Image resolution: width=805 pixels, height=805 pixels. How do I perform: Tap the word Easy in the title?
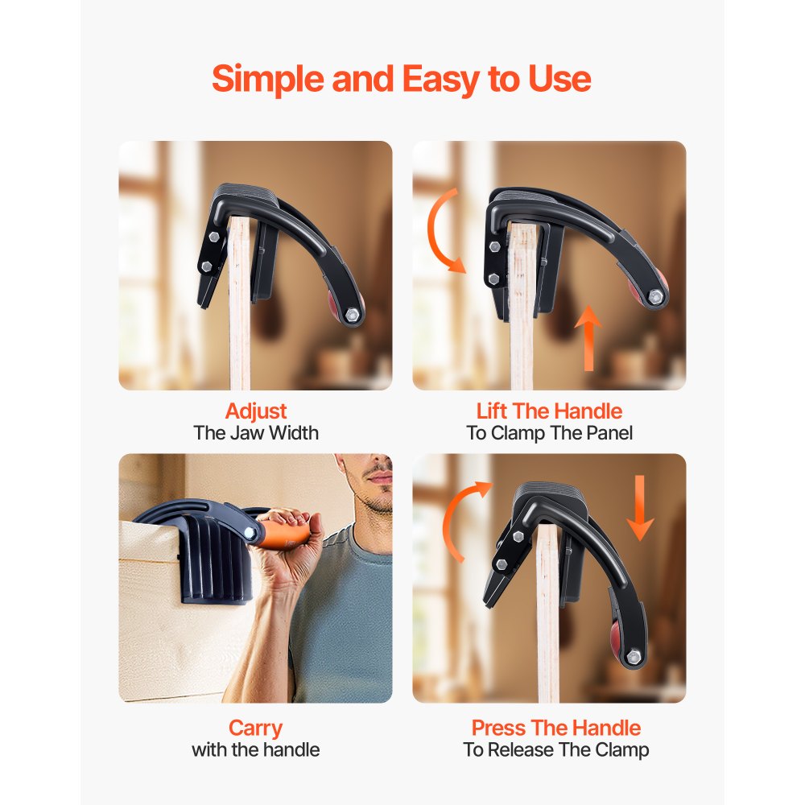[436, 79]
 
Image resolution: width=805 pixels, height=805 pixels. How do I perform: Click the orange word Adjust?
[256, 411]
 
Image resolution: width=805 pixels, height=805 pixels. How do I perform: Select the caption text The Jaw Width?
[256, 433]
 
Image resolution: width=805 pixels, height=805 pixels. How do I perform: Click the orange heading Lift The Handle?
[549, 411]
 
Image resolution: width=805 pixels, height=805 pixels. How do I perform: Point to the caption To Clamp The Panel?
[549, 433]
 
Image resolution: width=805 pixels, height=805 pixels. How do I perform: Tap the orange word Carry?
[255, 729]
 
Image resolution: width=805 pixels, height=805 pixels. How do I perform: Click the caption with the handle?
[255, 750]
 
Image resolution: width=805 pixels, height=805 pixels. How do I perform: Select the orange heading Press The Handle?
[555, 729]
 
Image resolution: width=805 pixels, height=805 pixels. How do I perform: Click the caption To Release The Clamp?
[555, 750]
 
